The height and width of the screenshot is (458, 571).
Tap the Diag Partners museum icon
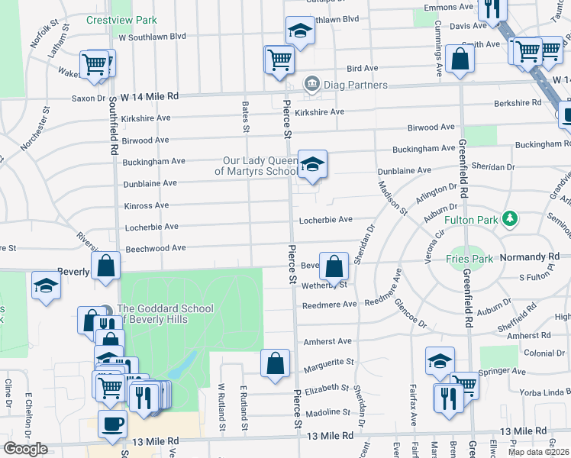[x=311, y=85]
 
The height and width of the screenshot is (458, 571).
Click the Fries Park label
[x=469, y=259]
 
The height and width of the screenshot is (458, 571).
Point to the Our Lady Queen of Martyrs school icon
[x=312, y=165]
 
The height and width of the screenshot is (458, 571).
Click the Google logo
[x=25, y=449]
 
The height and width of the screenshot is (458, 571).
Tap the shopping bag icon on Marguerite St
[x=275, y=363]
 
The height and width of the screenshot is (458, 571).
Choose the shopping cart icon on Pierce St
[x=279, y=59]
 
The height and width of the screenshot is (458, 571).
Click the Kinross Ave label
[x=146, y=206]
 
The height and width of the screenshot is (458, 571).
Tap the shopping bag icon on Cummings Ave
[x=460, y=59]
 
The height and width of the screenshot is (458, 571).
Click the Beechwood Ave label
[x=156, y=248]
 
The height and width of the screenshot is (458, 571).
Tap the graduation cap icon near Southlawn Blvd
[x=300, y=31]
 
